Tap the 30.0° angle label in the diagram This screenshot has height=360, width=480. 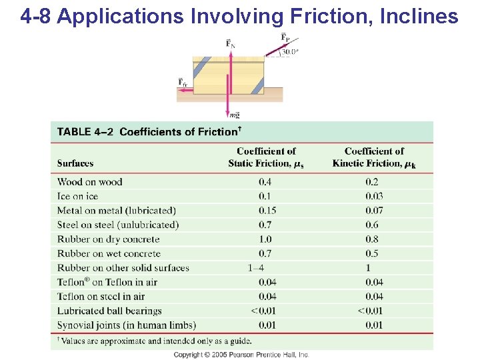click(289, 51)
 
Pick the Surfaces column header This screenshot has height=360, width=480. click(75, 163)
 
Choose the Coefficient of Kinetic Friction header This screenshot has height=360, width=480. click(374, 157)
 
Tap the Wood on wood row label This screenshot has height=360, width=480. click(90, 182)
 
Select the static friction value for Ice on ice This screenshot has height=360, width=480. click(265, 196)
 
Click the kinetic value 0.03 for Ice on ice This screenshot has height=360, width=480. click(374, 196)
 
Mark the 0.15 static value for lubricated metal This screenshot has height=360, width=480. click(267, 211)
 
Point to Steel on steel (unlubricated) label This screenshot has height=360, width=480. click(118, 225)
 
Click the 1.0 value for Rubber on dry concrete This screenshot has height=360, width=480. click(265, 239)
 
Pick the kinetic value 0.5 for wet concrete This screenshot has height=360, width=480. click(372, 253)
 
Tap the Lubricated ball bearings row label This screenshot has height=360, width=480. click(109, 311)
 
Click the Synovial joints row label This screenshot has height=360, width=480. click(127, 325)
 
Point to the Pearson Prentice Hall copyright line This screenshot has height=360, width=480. click(241, 355)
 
